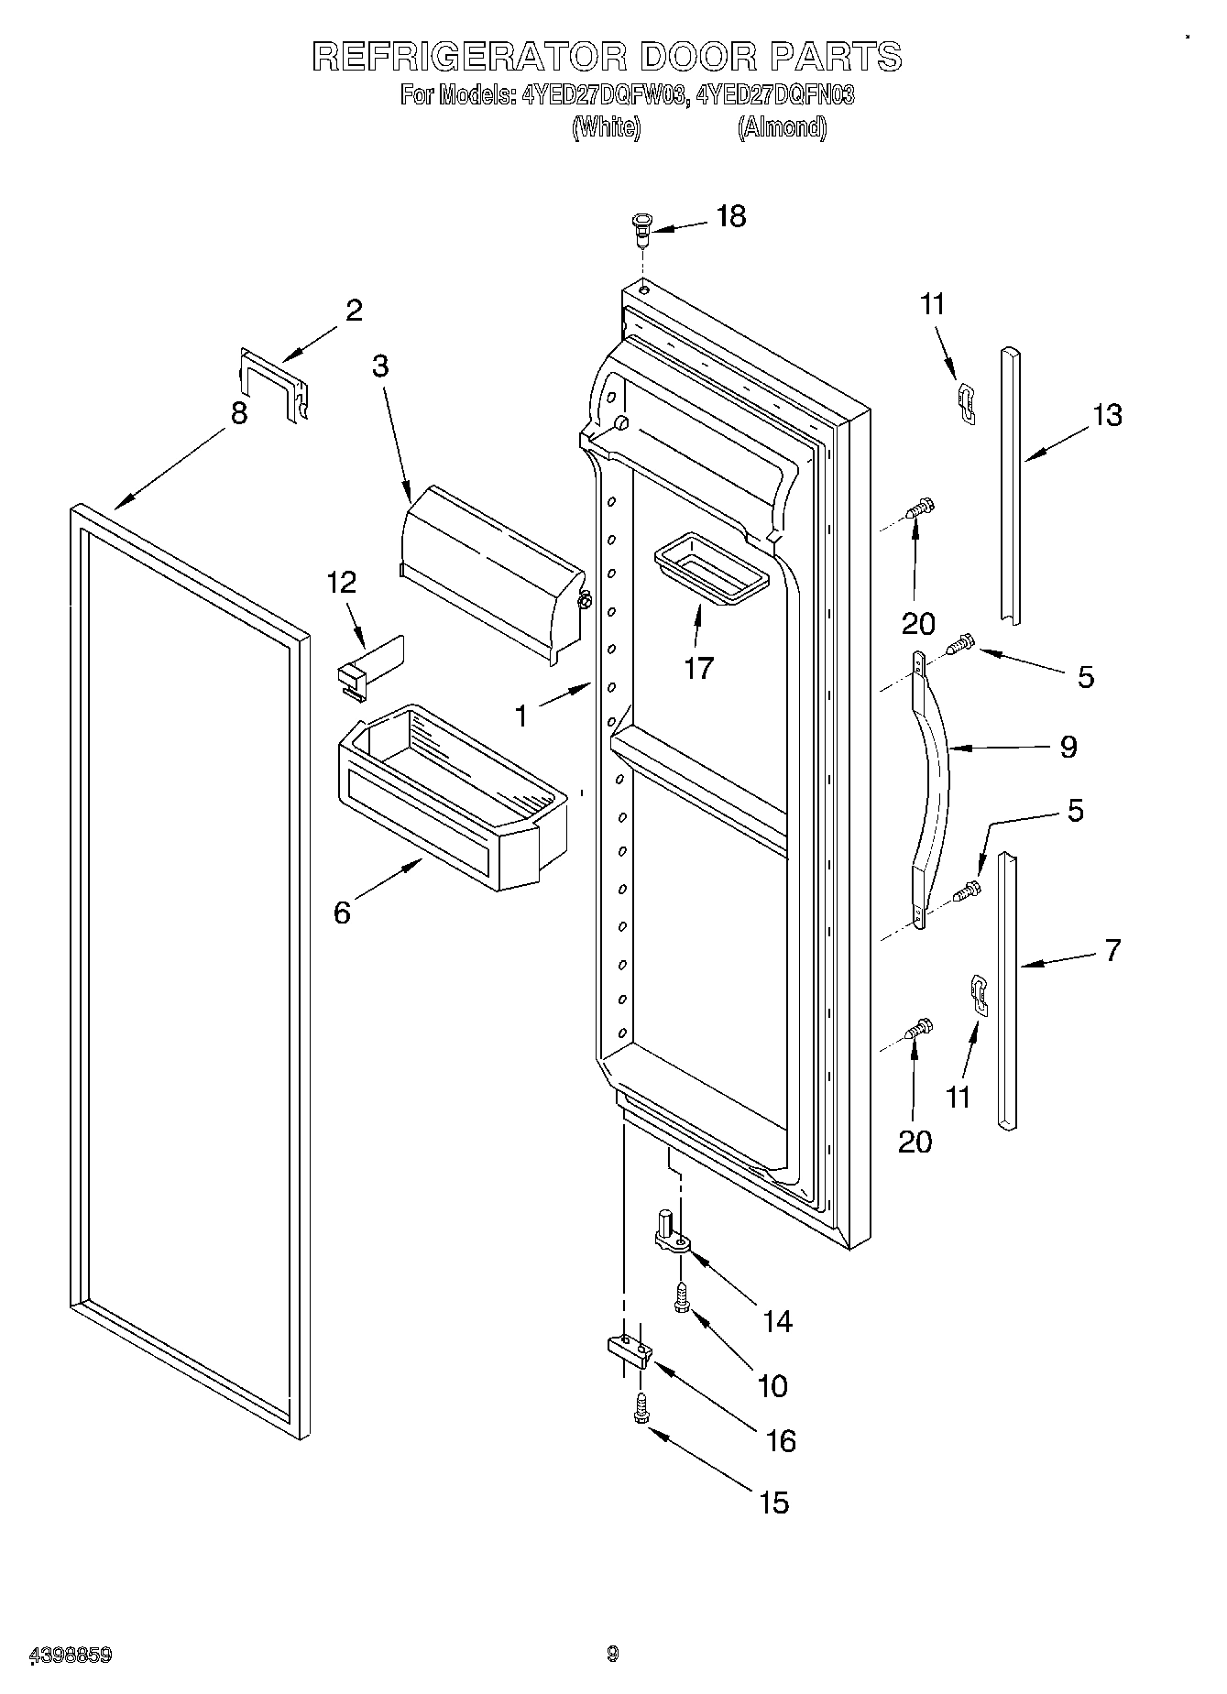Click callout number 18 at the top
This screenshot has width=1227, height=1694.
pos(730,217)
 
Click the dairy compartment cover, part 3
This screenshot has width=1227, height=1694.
pos(492,568)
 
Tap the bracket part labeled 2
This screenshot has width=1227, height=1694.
pos(273,385)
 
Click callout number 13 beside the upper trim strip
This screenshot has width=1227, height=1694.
pos(1107,416)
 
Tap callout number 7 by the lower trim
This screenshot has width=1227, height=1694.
pos(1112,951)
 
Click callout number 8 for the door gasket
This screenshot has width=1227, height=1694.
pos(238,413)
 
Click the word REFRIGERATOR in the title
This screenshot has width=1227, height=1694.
pos(469,57)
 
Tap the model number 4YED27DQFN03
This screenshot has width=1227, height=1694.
pos(775,95)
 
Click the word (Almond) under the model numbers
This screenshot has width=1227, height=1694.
pos(782,127)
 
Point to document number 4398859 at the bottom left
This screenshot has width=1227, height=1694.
pos(71,1655)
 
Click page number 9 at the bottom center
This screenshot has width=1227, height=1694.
pos(612,1654)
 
